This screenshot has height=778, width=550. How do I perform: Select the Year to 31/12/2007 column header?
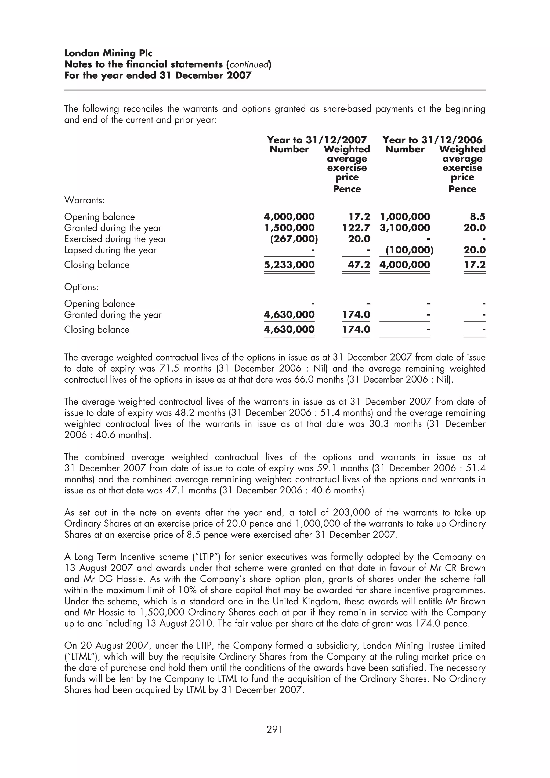point(317,140)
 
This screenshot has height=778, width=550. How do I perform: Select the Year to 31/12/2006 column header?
point(432,140)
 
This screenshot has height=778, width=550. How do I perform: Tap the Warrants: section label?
point(84,200)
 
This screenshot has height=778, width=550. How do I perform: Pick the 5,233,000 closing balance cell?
point(289,265)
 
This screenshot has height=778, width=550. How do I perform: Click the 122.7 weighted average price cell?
point(356,228)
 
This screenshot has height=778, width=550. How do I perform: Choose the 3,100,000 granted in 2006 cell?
point(405,228)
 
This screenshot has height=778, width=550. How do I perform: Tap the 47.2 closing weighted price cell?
point(359,265)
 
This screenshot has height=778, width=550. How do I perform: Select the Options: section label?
point(81,287)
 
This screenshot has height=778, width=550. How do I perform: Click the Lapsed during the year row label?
point(110,250)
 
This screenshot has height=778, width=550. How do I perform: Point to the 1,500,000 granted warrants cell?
point(289,228)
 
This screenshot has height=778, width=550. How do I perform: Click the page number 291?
point(274,729)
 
